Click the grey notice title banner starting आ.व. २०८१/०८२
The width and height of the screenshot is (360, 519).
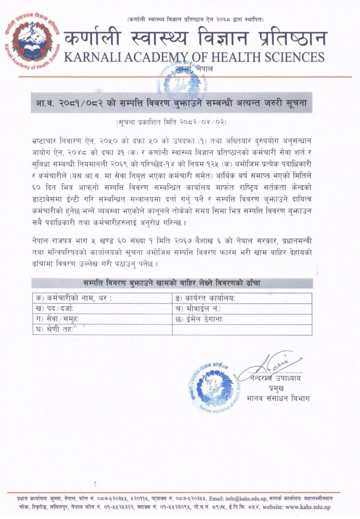[180, 103]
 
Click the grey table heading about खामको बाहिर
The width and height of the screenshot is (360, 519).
[172, 283]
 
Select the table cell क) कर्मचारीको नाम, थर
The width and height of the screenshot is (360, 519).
[102, 298]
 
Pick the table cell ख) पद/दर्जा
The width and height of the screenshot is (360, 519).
[102, 309]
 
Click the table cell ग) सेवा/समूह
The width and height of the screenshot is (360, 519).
[102, 319]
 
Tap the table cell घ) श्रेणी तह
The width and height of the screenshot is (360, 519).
[102, 330]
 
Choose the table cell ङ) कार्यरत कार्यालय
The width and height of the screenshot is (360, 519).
[242, 298]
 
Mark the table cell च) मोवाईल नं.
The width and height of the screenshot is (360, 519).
[242, 309]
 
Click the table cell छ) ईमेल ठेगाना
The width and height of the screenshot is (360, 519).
[242, 319]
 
